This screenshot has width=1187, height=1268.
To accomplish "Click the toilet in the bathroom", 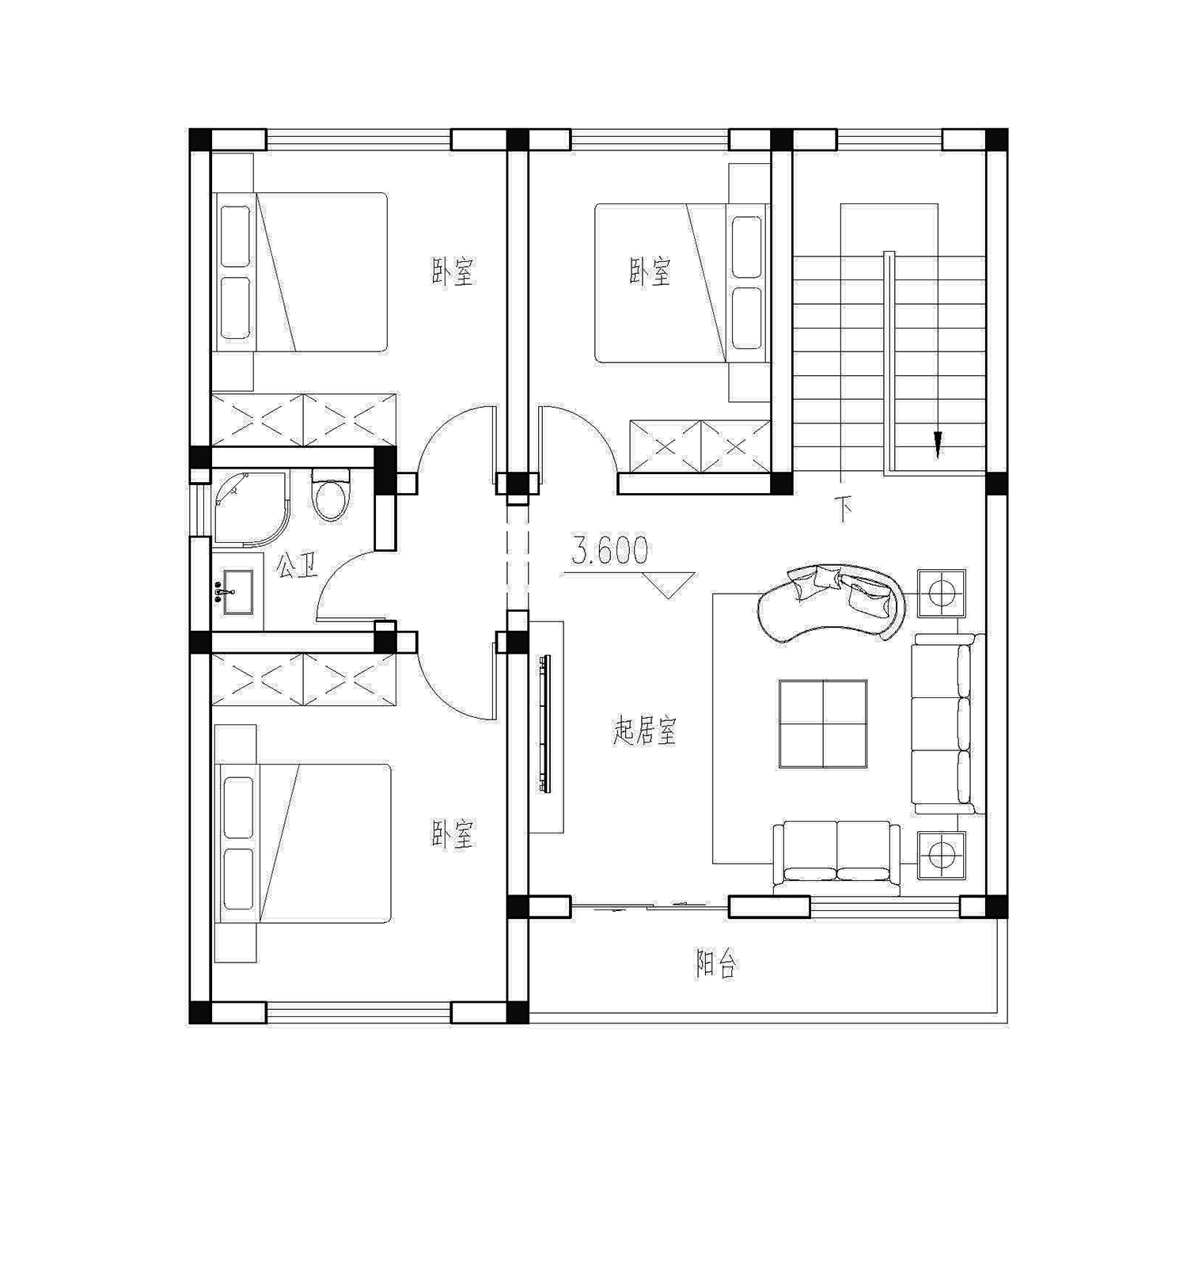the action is click(x=330, y=495).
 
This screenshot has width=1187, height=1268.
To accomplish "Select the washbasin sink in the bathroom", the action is click(x=234, y=592).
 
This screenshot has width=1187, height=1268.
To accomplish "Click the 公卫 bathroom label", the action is click(x=297, y=566).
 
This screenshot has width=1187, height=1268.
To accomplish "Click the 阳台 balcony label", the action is click(x=717, y=964).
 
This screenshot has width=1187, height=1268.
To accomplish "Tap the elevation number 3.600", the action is click(x=609, y=551).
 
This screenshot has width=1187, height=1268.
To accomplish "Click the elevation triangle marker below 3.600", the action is click(x=669, y=584).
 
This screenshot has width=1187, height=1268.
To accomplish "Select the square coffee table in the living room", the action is click(x=823, y=723).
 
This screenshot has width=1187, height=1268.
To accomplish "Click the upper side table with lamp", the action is click(x=942, y=592).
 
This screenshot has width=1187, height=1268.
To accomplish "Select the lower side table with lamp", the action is click(x=942, y=855).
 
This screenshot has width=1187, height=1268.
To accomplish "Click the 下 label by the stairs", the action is click(x=845, y=509).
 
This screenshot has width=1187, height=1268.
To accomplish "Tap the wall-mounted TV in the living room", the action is click(x=544, y=723).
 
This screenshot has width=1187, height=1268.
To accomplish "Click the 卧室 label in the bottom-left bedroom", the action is click(x=453, y=833).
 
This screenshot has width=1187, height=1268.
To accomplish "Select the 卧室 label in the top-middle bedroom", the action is click(x=650, y=271).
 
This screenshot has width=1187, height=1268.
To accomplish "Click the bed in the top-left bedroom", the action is click(x=301, y=271).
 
